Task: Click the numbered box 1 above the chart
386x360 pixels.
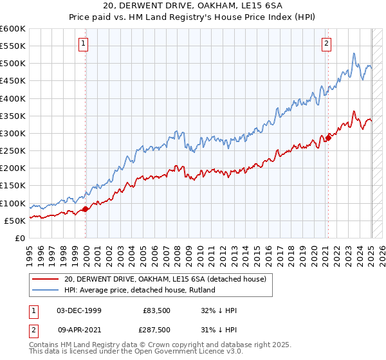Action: (x=85, y=44)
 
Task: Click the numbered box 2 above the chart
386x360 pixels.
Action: (x=327, y=44)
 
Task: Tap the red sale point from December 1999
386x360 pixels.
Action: (x=86, y=209)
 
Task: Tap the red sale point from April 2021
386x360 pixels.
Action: (x=328, y=137)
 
